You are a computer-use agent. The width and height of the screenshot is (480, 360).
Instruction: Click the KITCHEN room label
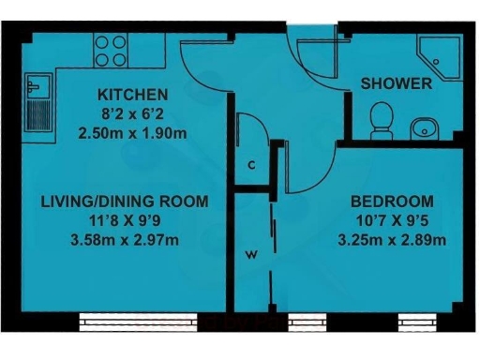coord(132,95)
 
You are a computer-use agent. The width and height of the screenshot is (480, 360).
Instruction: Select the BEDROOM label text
coord(391,201)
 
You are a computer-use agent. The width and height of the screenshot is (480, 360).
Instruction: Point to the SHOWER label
coord(396,83)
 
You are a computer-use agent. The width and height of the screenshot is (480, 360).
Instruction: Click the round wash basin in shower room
coord(421,127)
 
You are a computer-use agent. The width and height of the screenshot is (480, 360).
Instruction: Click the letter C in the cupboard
coord(250,166)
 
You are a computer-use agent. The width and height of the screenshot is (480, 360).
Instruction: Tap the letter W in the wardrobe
coord(251,254)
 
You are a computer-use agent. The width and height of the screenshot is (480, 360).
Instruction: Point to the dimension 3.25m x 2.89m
coord(391,239)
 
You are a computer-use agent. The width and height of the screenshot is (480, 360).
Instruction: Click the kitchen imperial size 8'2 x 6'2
coord(132,113)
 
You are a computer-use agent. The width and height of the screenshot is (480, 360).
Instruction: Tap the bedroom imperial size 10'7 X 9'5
coord(391,220)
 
